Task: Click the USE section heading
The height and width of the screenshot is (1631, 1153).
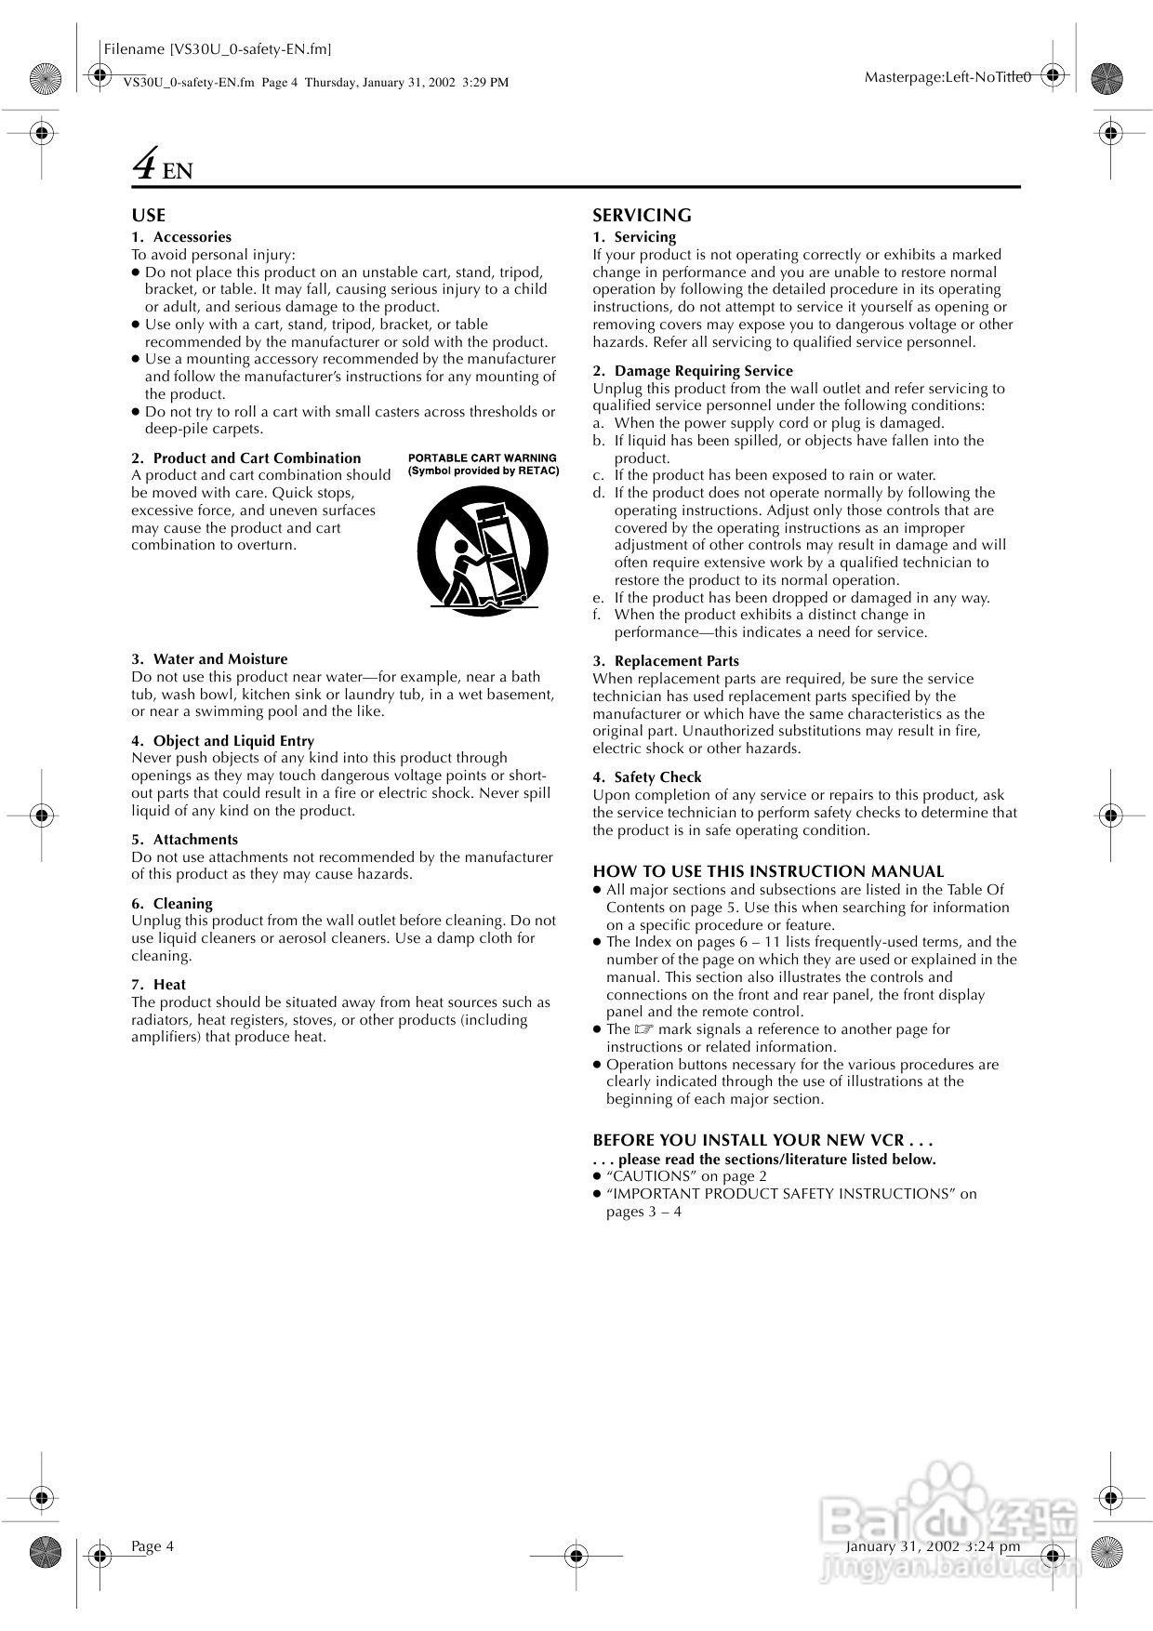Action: tap(148, 216)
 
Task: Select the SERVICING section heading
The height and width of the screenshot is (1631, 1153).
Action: tap(642, 216)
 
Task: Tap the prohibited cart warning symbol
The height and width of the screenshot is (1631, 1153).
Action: tap(482, 551)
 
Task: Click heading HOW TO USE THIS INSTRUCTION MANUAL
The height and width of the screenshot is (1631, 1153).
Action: tap(768, 872)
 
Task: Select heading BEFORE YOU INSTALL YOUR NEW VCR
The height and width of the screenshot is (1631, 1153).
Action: tap(762, 1140)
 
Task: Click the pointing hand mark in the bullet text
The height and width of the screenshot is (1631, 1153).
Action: tap(644, 1029)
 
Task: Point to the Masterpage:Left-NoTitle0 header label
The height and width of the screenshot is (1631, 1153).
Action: tap(948, 77)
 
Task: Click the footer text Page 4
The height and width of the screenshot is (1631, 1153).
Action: tap(152, 1546)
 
